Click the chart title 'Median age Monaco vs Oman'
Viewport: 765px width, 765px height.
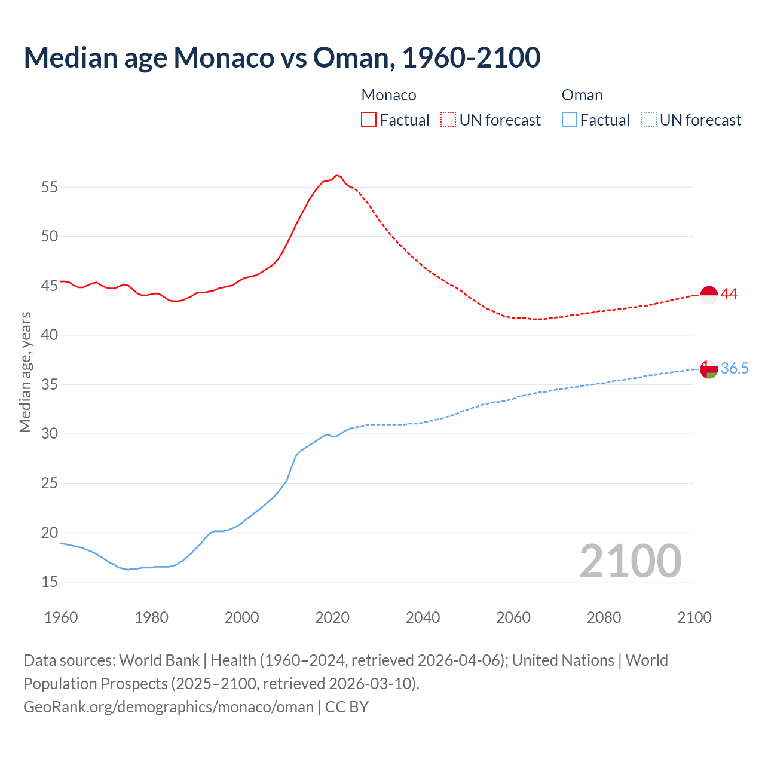point(282,57)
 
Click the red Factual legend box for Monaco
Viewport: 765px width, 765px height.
point(369,120)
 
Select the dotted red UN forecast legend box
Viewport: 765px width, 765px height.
point(448,120)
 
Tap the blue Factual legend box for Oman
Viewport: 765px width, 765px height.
point(569,120)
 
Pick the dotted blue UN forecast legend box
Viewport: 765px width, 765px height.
point(648,120)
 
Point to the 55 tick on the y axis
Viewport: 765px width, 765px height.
point(50,187)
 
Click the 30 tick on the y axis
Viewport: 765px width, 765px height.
point(50,433)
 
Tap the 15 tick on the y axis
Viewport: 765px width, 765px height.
point(50,582)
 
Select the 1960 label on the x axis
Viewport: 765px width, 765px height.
point(61,617)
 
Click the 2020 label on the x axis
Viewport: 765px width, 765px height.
point(332,617)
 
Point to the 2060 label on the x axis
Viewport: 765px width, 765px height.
point(513,617)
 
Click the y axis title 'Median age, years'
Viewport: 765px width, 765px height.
point(25,372)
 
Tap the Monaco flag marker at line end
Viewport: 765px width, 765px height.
point(709,295)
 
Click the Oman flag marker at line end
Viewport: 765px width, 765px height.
point(709,369)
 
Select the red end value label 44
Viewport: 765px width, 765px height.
point(729,294)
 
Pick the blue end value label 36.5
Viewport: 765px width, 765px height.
point(735,368)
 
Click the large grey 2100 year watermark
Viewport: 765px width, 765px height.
point(630,561)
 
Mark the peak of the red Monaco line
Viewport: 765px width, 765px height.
point(336,175)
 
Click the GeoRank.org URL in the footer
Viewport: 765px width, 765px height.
point(169,707)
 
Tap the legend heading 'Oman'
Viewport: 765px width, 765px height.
point(582,95)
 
